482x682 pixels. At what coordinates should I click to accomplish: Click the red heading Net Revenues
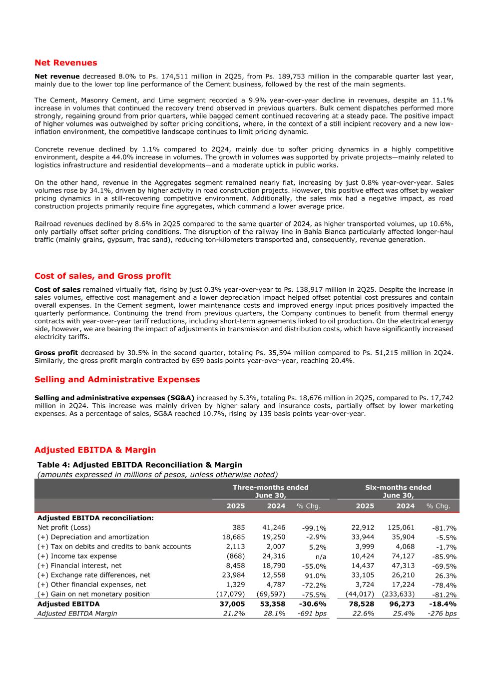[65, 63]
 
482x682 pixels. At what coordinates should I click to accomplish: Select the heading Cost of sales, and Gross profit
[102, 276]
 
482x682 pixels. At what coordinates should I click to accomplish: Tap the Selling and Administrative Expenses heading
[117, 379]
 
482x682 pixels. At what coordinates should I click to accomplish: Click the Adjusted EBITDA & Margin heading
[95, 450]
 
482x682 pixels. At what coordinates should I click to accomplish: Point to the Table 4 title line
[139, 465]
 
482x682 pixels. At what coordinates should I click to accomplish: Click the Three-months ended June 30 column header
[270, 491]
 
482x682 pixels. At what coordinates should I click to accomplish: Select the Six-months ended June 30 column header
[398, 491]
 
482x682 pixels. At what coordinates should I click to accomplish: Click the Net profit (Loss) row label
[64, 527]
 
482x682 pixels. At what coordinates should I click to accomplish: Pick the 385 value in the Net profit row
[238, 527]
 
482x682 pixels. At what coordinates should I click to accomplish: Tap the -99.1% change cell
[314, 528]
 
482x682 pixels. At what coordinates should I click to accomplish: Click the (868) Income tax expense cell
[236, 556]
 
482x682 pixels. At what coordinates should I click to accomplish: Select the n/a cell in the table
[321, 557]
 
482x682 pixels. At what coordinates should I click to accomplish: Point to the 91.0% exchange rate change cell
[315, 576]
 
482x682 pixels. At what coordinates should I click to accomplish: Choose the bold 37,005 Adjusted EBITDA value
[232, 604]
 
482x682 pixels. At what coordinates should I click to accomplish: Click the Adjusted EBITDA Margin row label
[77, 614]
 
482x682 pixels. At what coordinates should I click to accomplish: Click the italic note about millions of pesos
[157, 474]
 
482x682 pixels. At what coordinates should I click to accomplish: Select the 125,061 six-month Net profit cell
[401, 527]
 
